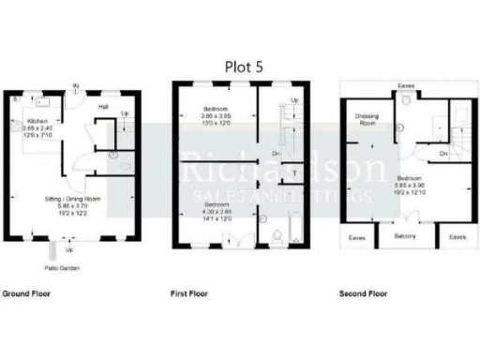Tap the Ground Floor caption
tap(26, 294)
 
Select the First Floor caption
tap(189, 294)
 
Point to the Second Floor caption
tap(363, 294)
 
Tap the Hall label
tap(104, 107)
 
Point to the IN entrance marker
tap(77, 87)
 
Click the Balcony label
tap(405, 236)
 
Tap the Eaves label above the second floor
tap(406, 86)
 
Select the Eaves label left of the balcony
tap(357, 238)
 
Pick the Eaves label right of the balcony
tap(457, 237)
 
